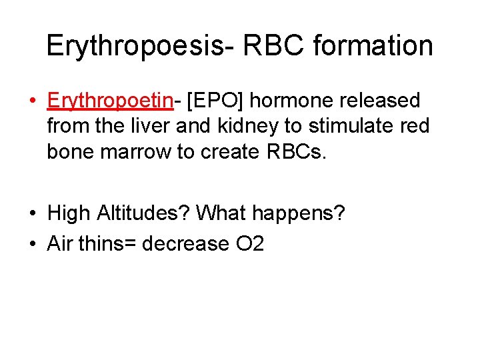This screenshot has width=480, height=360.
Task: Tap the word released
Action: tap(379, 101)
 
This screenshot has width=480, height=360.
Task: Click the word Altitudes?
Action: tap(143, 213)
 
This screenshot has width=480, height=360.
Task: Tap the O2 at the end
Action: tap(250, 244)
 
